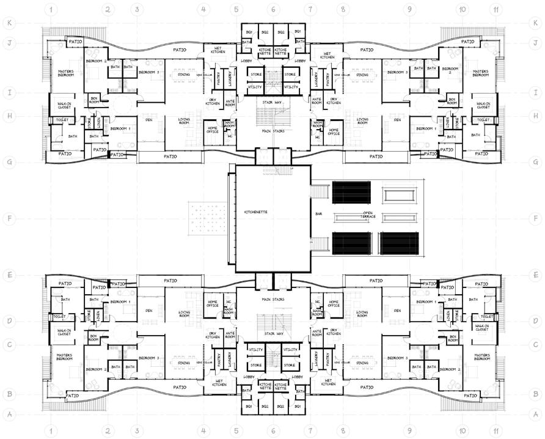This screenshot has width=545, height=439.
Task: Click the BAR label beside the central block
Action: click(x=318, y=214)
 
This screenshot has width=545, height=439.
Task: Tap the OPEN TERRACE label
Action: click(x=367, y=215)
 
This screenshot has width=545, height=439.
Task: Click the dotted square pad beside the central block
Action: click(x=204, y=218)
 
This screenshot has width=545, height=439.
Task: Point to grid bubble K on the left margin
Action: click(x=9, y=23)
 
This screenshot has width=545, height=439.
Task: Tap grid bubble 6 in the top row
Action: click(x=273, y=9)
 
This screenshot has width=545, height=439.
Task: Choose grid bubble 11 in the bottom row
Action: click(x=495, y=430)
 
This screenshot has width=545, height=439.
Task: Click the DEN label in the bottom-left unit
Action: click(x=148, y=310)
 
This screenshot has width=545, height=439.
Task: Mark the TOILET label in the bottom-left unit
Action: click(x=59, y=317)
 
